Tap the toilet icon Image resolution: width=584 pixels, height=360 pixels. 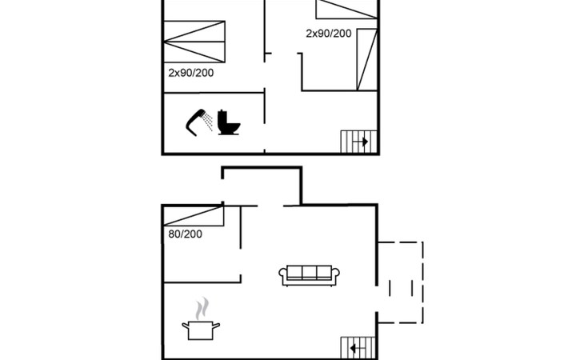click(228, 122)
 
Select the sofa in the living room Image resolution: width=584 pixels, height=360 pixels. click(309, 275)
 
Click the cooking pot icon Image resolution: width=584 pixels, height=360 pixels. click(200, 330)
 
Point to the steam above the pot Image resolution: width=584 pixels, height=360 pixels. click(202, 308)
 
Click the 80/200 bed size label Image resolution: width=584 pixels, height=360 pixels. click(185, 234)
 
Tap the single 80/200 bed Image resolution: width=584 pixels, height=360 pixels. click(194, 216)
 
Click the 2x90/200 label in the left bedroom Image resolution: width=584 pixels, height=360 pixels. click(190, 73)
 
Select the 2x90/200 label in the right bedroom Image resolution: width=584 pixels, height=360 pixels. click(329, 34)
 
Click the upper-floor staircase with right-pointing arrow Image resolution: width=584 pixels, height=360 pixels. click(358, 142)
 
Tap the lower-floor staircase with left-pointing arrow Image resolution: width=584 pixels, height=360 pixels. click(358, 348)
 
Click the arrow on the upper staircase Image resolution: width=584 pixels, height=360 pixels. click(361, 142)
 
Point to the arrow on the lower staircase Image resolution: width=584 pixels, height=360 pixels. click(357, 349)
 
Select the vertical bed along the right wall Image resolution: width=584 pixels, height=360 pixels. click(367, 59)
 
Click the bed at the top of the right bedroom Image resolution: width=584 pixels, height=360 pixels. click(346, 10)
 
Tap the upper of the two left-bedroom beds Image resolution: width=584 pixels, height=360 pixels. click(194, 31)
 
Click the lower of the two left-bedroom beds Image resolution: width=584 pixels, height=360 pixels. click(194, 52)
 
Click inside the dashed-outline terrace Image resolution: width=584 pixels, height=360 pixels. click(400, 282)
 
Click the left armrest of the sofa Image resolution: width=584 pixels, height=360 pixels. click(283, 274)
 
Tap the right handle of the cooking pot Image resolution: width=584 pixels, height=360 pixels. click(216, 326)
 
